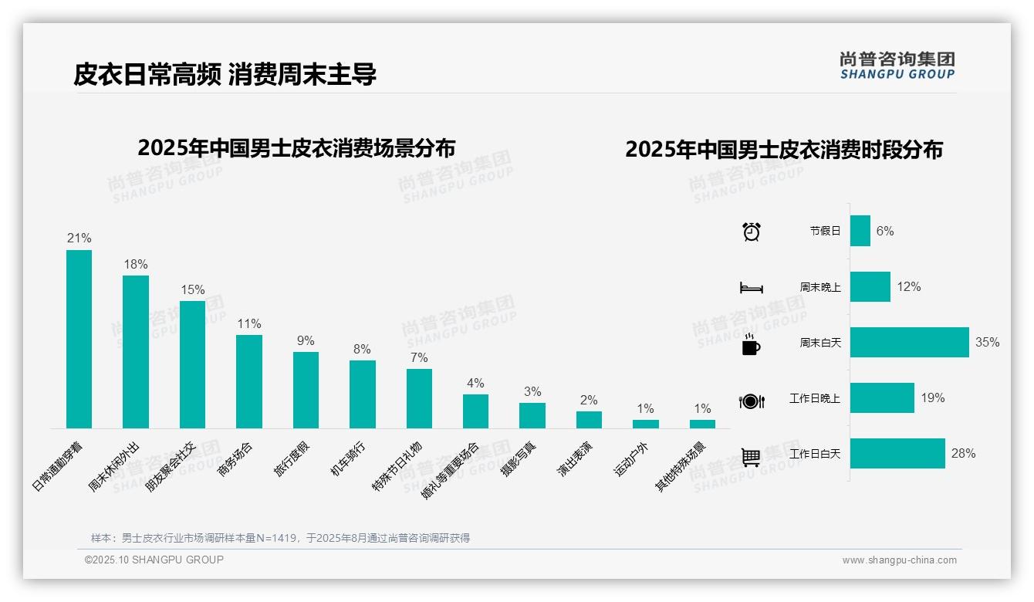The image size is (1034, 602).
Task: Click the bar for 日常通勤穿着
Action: click(x=79, y=339)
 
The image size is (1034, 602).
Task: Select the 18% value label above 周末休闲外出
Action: click(x=136, y=265)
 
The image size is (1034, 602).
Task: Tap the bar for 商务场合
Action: click(x=249, y=381)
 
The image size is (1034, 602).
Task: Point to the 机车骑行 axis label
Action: click(x=348, y=459)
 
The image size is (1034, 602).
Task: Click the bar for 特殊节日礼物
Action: click(x=419, y=398)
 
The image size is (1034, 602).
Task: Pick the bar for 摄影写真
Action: click(x=532, y=415)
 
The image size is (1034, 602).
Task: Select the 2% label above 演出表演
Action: click(x=589, y=401)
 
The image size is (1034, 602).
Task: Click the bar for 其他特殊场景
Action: click(x=702, y=424)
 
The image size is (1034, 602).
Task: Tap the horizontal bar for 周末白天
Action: click(x=909, y=343)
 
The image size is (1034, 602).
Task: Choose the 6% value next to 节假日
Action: click(x=885, y=232)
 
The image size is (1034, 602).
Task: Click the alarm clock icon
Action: click(x=752, y=232)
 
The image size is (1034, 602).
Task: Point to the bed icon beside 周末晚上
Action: click(x=752, y=288)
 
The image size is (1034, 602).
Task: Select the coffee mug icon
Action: click(x=751, y=344)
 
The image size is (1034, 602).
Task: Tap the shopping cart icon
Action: click(x=751, y=457)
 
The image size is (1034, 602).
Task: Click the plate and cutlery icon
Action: click(x=752, y=401)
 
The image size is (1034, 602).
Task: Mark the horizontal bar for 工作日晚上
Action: click(x=882, y=398)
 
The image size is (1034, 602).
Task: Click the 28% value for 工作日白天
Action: click(x=963, y=454)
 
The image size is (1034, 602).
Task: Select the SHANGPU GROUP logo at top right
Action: click(x=897, y=66)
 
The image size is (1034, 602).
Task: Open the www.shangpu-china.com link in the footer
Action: click(x=899, y=560)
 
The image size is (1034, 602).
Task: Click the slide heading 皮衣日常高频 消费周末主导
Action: click(x=225, y=75)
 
